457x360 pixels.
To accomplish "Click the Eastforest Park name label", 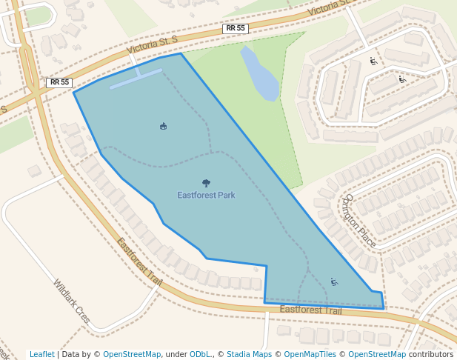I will point(206,196).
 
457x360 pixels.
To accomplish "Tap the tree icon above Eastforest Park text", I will point(206,183).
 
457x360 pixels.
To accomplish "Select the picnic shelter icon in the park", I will point(163,127).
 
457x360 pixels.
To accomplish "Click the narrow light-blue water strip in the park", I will point(136,79).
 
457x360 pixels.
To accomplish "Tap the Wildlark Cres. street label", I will point(72,301).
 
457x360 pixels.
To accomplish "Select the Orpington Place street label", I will point(360,221).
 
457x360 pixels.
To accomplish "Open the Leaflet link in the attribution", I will point(41,355).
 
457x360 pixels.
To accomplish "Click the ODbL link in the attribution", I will point(200,355).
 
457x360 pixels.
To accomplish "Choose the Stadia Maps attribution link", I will point(249,355).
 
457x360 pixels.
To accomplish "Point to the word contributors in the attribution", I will point(431,355).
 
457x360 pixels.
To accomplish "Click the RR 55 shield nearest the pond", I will point(236,28).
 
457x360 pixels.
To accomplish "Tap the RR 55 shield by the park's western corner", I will point(59,82).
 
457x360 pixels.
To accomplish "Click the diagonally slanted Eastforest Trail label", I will point(139,262).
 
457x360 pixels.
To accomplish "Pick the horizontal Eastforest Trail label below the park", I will point(311,310).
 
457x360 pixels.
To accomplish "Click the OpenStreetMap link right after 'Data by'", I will point(132,355).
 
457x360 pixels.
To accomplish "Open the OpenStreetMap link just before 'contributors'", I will point(377,355).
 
